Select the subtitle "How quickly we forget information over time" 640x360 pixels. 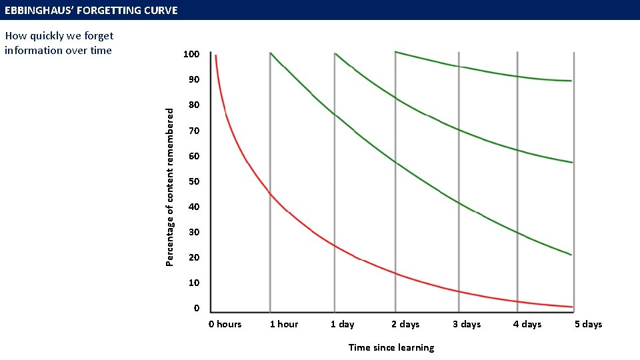(59, 43)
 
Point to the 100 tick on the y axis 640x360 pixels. (191, 54)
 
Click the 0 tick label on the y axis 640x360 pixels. (196, 308)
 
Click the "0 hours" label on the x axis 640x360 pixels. (225, 325)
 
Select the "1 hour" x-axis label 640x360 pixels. (284, 325)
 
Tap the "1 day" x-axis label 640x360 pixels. (343, 325)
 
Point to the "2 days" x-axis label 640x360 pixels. (405, 325)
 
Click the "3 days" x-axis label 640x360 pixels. (467, 325)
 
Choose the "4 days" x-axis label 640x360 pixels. (527, 325)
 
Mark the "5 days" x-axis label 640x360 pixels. (588, 325)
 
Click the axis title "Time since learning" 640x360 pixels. (391, 347)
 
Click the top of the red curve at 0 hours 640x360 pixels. (216, 56)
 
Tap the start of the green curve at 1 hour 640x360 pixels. (271, 53)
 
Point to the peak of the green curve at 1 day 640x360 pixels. (335, 53)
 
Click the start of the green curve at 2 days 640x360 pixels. (397, 52)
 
